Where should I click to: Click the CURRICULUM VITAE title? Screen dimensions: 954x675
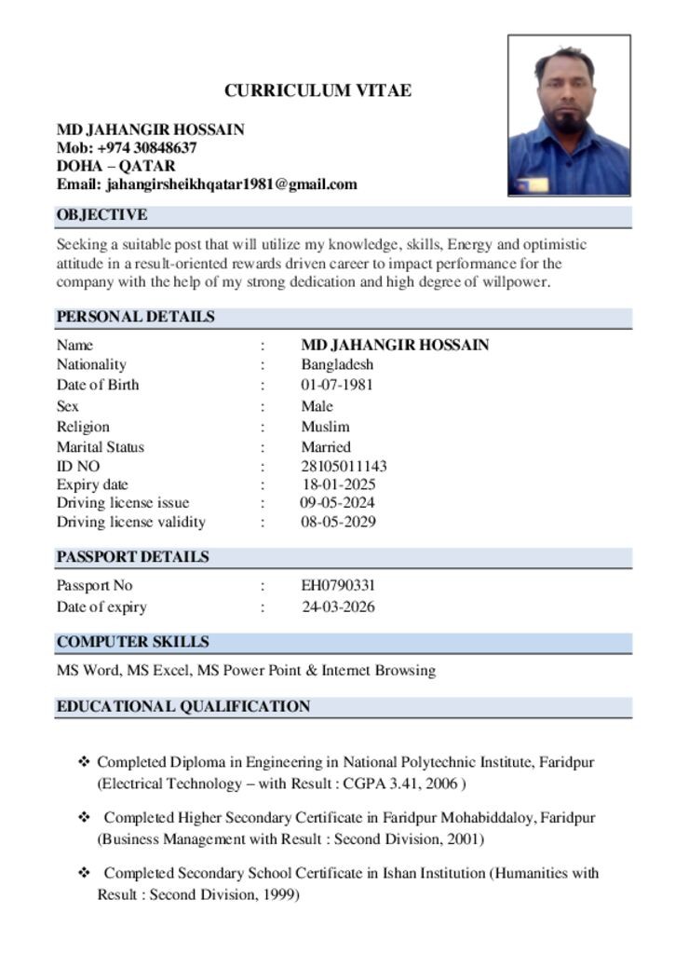[x=317, y=90]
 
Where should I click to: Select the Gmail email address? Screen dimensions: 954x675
[x=232, y=184]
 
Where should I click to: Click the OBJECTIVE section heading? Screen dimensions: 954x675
[x=101, y=215]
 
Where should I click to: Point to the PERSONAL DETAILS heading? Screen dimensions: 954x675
[x=135, y=317]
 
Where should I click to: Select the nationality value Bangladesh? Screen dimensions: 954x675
[x=336, y=364]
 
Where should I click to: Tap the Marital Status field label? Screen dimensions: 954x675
[x=101, y=447]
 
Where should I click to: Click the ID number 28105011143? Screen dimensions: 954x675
[x=344, y=466]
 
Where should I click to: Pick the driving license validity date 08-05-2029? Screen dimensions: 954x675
[x=338, y=522]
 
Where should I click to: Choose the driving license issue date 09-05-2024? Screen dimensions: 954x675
[x=338, y=503]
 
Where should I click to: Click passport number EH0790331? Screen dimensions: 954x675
[x=338, y=586]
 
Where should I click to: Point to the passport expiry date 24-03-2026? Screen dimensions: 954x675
[x=339, y=606]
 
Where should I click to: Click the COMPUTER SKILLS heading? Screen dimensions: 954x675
[x=132, y=642]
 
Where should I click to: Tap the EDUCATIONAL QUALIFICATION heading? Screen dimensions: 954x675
[x=182, y=706]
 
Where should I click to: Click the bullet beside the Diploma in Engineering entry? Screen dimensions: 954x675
[x=84, y=762]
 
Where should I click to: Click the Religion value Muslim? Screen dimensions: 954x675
[x=325, y=427]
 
